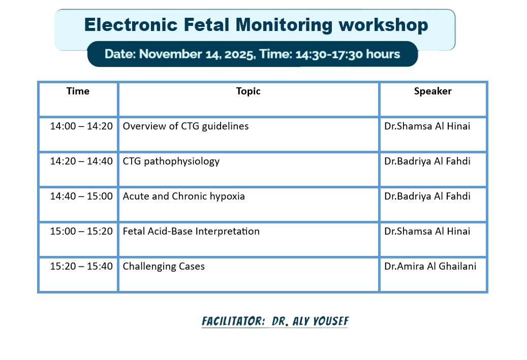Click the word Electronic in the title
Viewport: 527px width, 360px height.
coord(131,25)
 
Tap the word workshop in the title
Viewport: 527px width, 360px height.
coord(383,25)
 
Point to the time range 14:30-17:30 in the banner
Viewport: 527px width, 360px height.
coord(329,54)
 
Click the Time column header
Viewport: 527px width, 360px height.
coord(78,91)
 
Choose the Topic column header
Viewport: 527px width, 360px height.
coord(249,91)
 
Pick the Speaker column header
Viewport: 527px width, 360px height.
coord(433,91)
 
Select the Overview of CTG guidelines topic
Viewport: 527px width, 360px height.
coord(185,126)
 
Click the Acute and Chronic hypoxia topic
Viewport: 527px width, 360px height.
coord(184,197)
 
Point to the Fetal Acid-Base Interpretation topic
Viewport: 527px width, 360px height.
coord(191,232)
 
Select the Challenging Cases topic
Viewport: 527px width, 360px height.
coord(164,266)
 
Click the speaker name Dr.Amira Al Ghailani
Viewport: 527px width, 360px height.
coord(430,266)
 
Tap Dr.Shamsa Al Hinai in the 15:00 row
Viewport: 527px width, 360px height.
coord(427,232)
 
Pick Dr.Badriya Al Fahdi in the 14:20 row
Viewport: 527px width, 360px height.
coord(427,161)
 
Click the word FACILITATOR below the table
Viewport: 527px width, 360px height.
coord(233,321)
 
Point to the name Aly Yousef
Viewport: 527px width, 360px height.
coord(321,321)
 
